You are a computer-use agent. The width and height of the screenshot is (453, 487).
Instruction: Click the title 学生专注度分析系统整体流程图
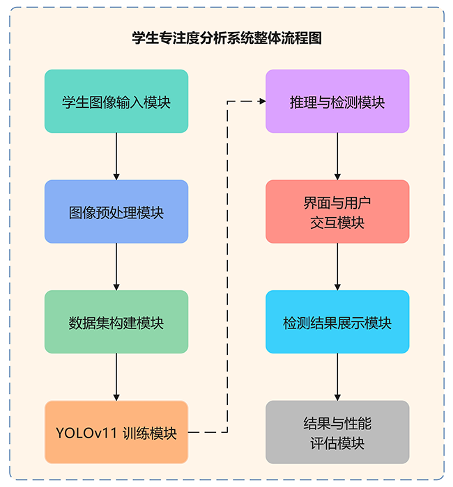click(x=227, y=38)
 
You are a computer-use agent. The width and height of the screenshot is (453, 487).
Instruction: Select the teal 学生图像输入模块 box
click(x=116, y=102)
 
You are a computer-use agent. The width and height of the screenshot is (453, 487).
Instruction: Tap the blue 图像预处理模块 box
click(x=116, y=211)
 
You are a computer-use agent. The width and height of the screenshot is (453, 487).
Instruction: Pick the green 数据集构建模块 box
click(x=116, y=322)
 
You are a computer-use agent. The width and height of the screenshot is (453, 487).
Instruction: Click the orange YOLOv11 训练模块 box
click(x=116, y=432)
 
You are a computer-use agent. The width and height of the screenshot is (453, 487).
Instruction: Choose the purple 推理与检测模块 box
click(x=337, y=102)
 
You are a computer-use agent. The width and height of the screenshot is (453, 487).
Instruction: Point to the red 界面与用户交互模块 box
click(x=337, y=211)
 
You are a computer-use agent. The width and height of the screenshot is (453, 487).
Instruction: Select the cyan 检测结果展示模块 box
click(x=337, y=322)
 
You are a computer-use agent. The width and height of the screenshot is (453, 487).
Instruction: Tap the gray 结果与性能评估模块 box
click(x=337, y=432)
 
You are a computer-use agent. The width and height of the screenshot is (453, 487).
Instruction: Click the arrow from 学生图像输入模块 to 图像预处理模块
click(x=116, y=157)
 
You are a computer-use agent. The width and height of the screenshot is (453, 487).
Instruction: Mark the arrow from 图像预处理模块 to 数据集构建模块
click(x=116, y=266)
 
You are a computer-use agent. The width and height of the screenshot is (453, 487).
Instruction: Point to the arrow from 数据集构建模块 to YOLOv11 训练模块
click(x=116, y=377)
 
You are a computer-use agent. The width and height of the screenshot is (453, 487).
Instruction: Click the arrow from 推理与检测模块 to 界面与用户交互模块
click(x=337, y=157)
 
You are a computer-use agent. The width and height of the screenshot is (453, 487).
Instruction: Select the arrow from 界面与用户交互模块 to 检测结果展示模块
click(x=337, y=266)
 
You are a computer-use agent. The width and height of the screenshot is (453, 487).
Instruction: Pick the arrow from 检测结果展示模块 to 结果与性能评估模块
click(x=337, y=377)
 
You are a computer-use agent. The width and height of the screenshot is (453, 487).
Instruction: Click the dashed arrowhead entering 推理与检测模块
click(x=262, y=102)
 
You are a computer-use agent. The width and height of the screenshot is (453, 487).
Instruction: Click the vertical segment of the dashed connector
click(x=228, y=267)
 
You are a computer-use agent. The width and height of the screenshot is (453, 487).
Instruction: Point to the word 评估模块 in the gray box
click(x=337, y=442)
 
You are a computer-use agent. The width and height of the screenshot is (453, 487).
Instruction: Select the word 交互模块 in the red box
click(x=337, y=223)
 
